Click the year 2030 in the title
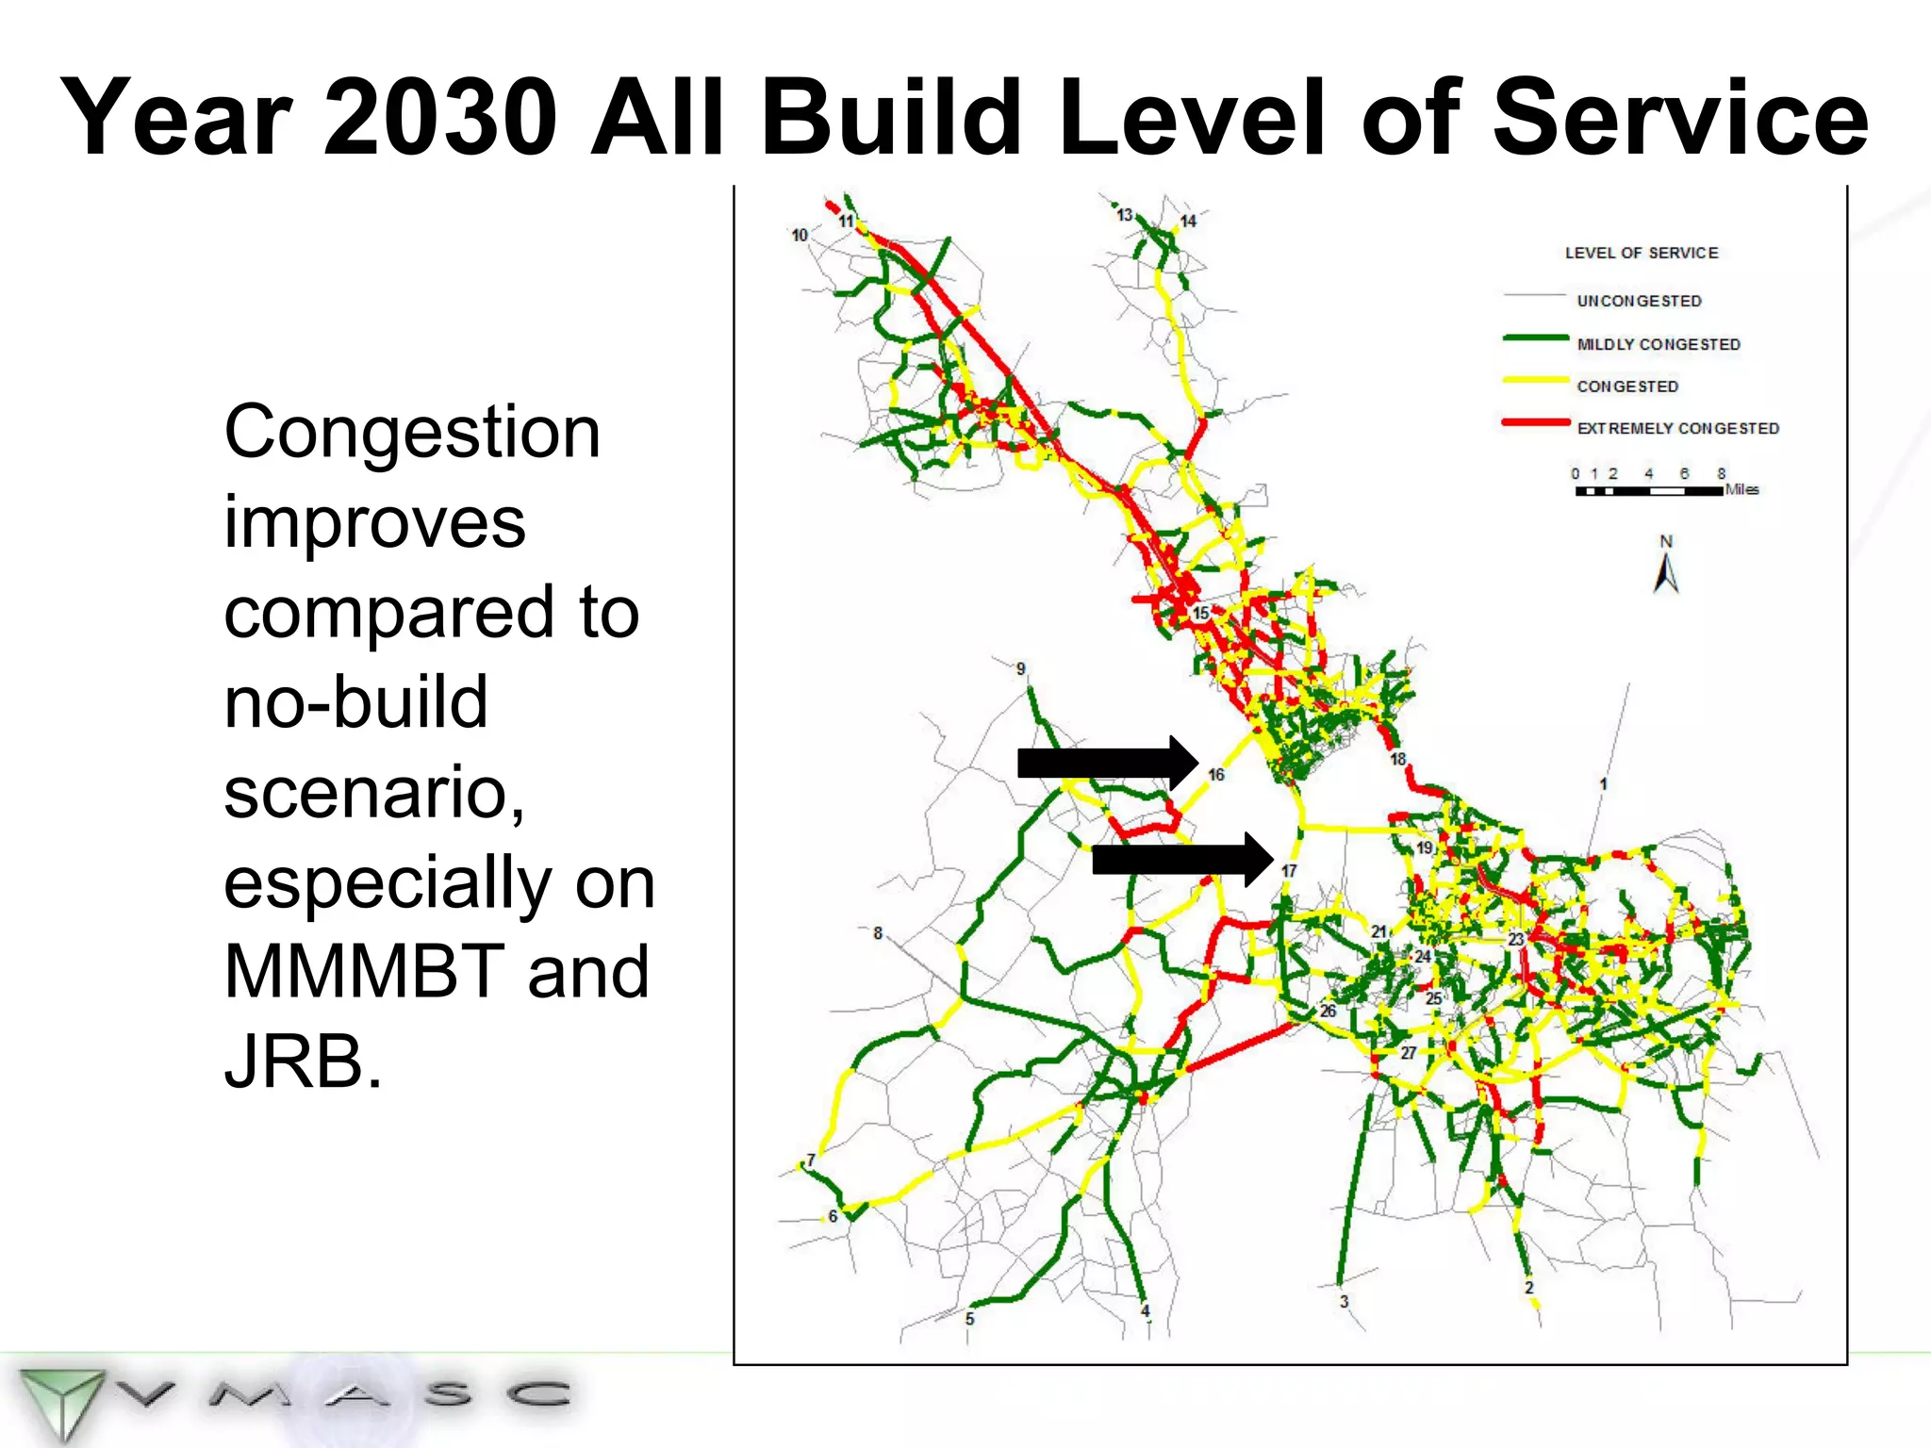coord(439,118)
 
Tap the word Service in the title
coord(1679,118)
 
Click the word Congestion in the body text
coord(412,432)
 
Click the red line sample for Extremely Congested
coord(1535,423)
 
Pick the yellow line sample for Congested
coord(1535,380)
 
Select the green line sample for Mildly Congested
coord(1535,337)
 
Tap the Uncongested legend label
coord(1639,301)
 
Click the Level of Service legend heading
coord(1642,253)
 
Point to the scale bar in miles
coord(1648,490)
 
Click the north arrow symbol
coord(1666,571)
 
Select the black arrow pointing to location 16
coord(1107,762)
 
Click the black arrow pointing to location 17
coord(1182,860)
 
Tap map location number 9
coord(1020,668)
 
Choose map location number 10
coord(800,235)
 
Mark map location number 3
coord(1344,1302)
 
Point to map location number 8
coord(878,933)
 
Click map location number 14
coord(1188,221)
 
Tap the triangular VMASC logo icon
coord(61,1399)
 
